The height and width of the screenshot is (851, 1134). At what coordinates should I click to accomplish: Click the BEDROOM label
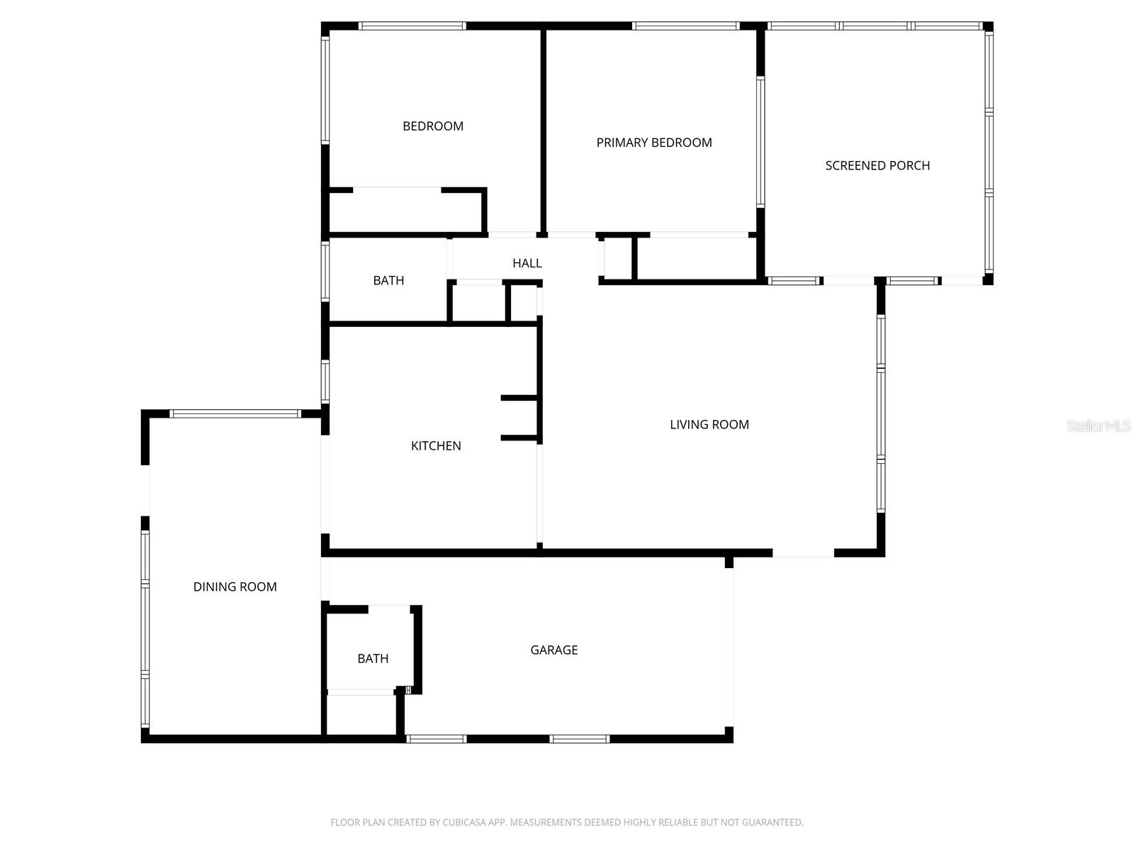(433, 126)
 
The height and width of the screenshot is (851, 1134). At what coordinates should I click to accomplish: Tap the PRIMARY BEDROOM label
(654, 143)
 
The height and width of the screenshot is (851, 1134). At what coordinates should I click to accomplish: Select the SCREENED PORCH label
(877, 165)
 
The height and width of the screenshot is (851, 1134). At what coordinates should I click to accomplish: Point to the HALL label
(527, 263)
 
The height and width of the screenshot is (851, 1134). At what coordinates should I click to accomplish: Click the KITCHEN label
(436, 445)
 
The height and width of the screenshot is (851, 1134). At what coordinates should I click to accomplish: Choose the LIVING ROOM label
(709, 424)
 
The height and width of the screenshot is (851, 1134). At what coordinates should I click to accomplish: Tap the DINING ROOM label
(235, 586)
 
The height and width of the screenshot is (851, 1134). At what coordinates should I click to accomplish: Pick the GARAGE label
(554, 650)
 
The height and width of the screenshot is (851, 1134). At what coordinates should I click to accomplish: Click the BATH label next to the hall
(388, 280)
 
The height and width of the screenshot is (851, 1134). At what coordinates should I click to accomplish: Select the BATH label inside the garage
(373, 659)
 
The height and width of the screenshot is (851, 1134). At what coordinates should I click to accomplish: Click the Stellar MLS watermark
(1099, 426)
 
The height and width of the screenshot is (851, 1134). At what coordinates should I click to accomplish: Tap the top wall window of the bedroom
(412, 26)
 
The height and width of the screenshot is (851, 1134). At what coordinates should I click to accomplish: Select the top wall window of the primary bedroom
(685, 26)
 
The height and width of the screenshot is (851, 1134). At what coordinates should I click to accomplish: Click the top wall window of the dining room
(235, 413)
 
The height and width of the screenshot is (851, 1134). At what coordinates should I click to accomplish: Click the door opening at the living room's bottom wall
(803, 552)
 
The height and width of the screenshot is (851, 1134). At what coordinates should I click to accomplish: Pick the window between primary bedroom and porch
(760, 142)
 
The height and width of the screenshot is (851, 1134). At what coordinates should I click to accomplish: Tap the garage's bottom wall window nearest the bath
(437, 739)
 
